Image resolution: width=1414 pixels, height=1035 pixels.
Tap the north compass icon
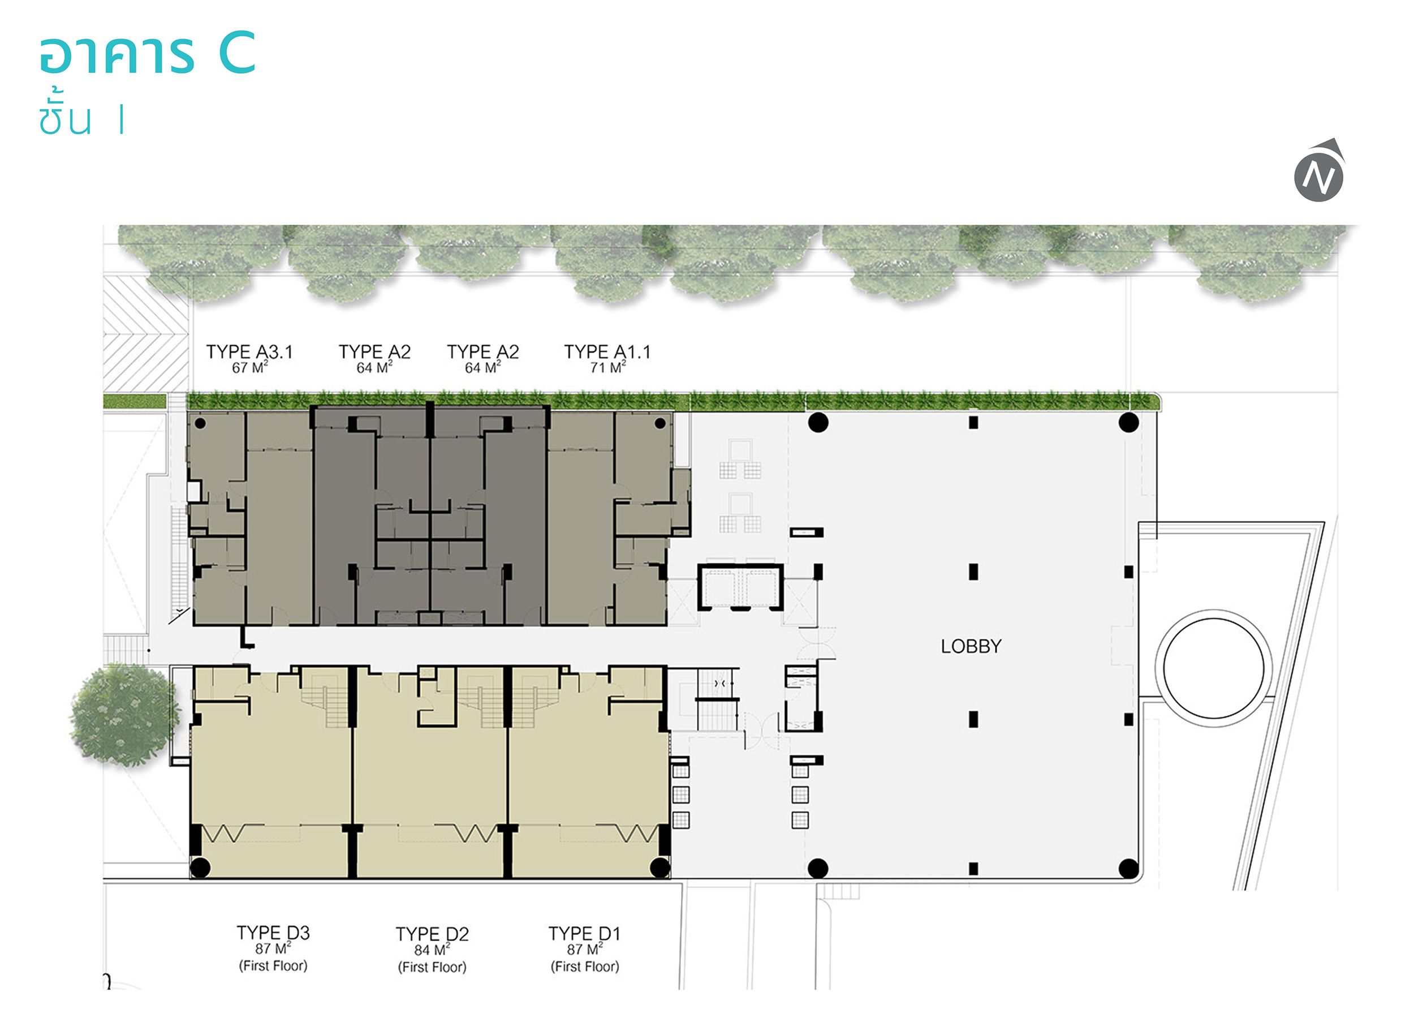(x=1319, y=171)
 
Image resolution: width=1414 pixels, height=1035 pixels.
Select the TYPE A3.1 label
(x=249, y=351)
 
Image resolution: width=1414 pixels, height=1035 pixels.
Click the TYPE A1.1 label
(x=607, y=351)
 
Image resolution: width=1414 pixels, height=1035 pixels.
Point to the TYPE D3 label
(x=273, y=933)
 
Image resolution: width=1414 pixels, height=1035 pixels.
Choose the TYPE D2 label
(x=432, y=934)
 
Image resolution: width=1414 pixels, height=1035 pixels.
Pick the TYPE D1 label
(x=584, y=934)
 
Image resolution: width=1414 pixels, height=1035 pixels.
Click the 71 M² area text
(x=607, y=367)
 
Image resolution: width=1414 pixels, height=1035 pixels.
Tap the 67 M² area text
(x=249, y=367)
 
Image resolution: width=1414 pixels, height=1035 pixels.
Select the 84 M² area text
(x=432, y=950)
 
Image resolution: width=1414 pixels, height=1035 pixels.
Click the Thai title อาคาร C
(x=148, y=54)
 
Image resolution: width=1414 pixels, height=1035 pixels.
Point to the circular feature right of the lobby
(x=1213, y=668)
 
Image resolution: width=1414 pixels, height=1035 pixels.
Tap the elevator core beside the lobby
(x=741, y=587)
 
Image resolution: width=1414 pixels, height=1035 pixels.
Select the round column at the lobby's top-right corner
(x=1128, y=423)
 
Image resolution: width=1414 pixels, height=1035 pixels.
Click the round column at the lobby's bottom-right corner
(x=1128, y=868)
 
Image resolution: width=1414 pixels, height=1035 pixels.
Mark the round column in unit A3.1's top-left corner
(x=200, y=423)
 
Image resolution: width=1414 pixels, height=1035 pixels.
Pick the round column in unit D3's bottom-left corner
(x=200, y=867)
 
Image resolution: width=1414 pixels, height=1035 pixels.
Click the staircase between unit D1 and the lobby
(x=718, y=700)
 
